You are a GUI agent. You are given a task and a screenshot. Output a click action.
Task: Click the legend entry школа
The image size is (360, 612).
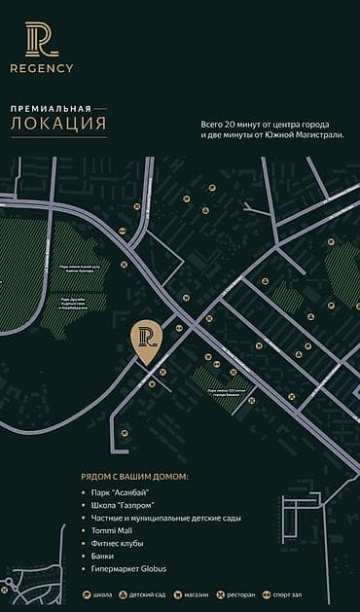click(99, 594)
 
